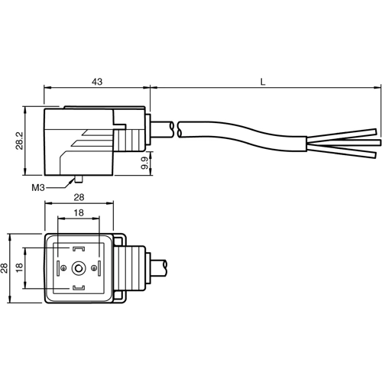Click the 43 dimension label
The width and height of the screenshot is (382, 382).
click(96, 79)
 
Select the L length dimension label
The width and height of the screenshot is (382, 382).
click(264, 79)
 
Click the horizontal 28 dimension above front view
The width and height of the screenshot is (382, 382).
click(79, 198)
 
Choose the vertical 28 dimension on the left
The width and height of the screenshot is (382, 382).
click(5, 267)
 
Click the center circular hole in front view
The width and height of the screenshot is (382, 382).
click(79, 268)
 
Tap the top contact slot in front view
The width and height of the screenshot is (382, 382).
click(79, 249)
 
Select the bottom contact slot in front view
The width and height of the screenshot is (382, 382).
click(79, 287)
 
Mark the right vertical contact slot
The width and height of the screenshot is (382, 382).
click(98, 268)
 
